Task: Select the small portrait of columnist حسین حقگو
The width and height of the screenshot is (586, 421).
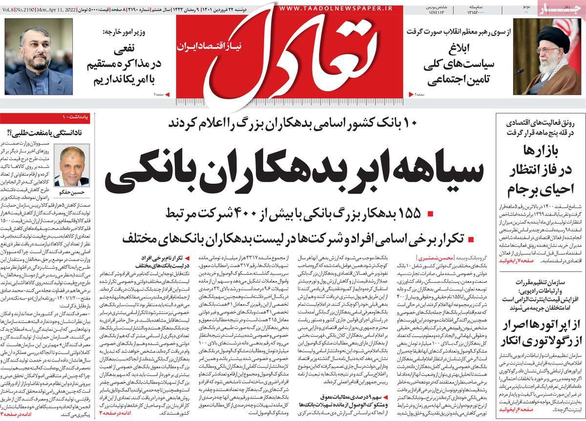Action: coord(72,165)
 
